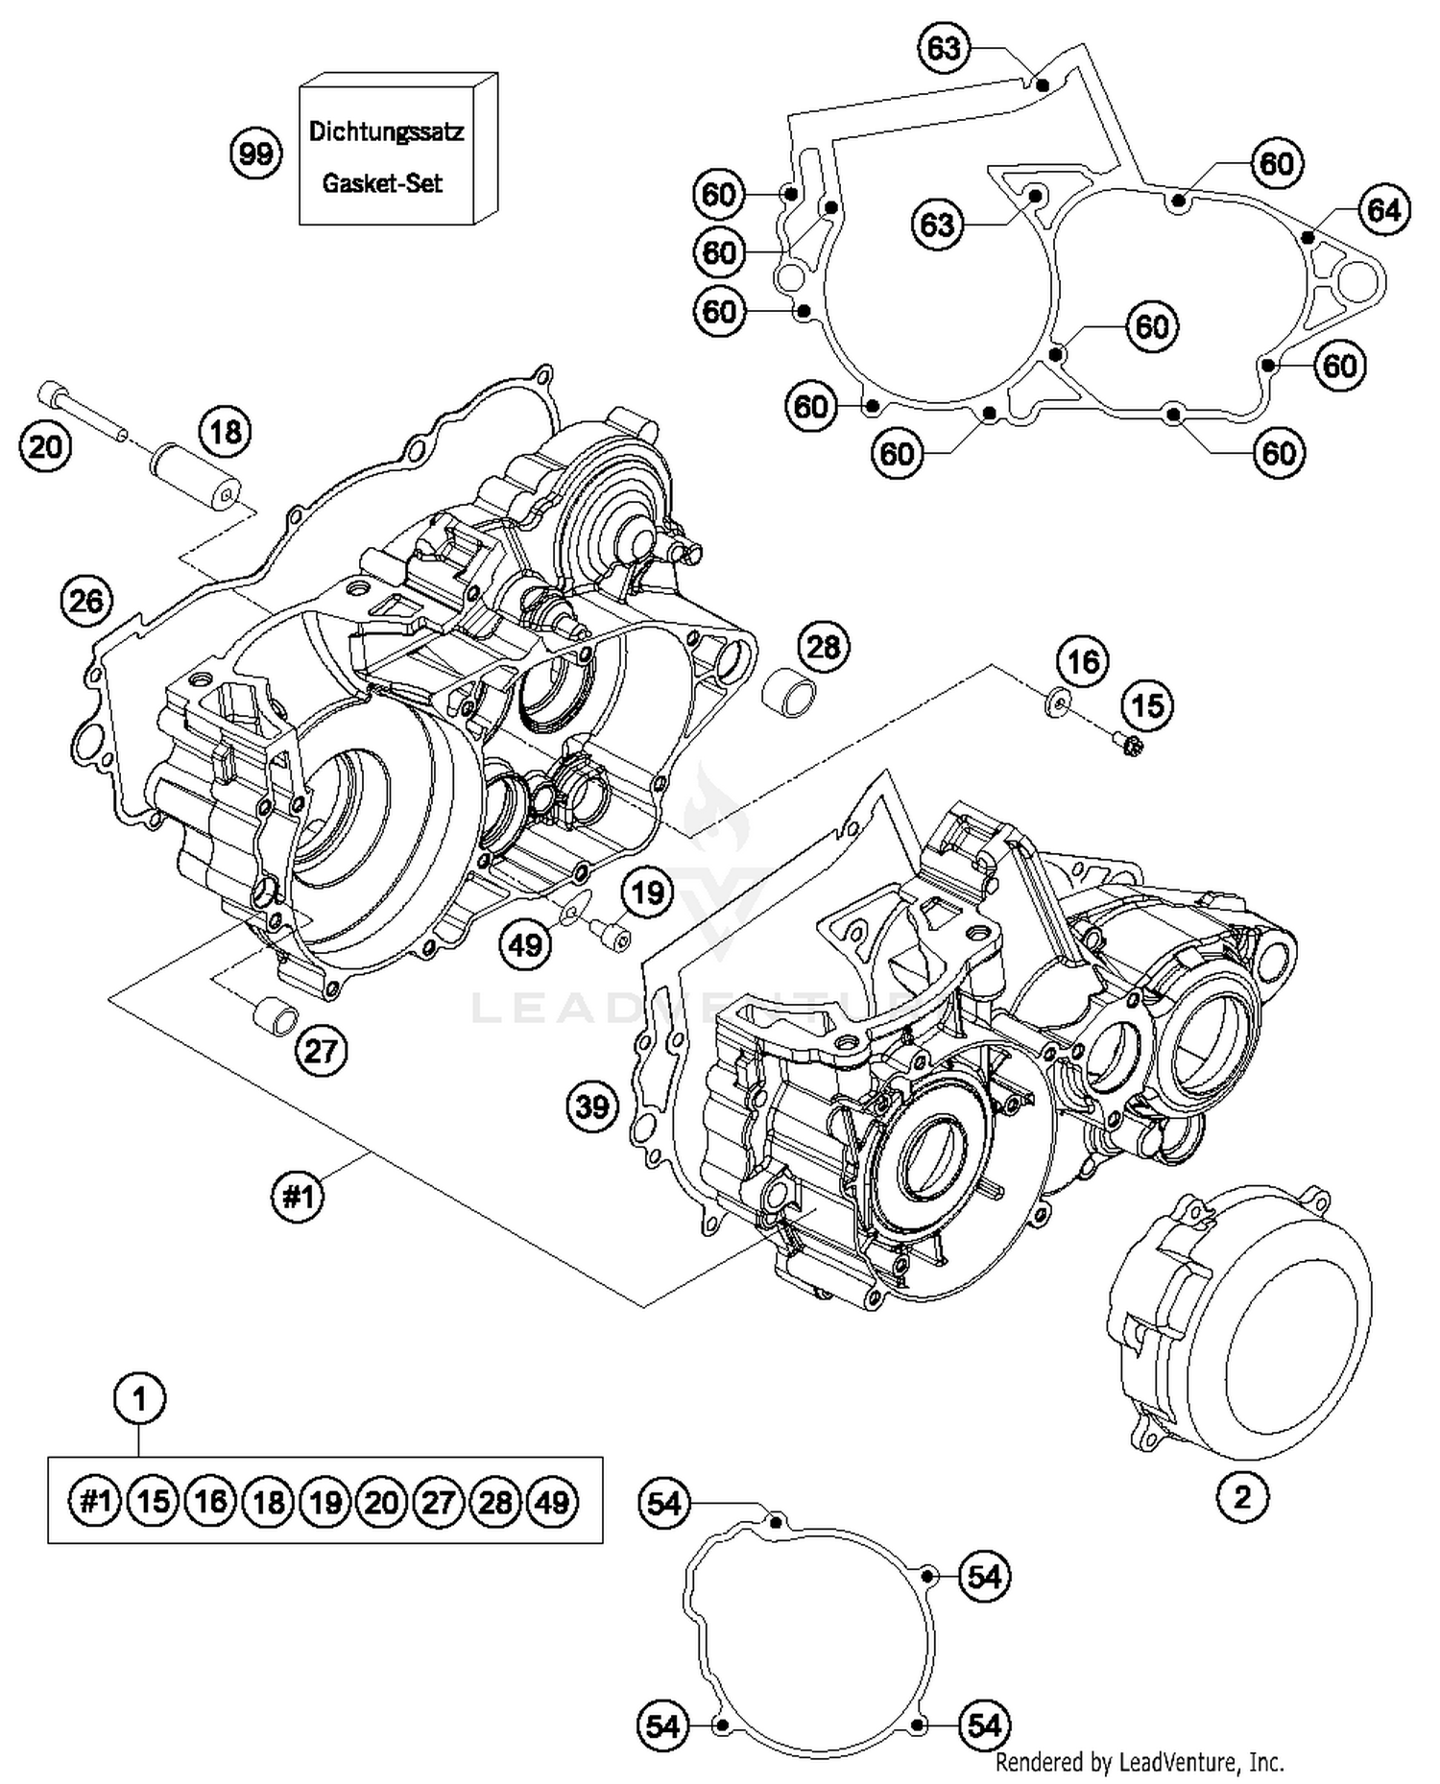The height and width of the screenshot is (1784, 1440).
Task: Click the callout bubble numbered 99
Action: [256, 154]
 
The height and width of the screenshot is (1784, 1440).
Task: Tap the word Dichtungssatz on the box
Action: [386, 131]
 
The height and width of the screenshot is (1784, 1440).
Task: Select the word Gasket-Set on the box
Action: [382, 183]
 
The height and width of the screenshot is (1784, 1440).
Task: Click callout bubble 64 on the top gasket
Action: [1383, 210]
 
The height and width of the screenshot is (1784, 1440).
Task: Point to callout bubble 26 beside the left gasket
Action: [86, 602]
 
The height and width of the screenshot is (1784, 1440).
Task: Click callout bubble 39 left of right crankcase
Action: [592, 1107]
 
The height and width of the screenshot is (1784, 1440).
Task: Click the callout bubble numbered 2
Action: [1242, 1497]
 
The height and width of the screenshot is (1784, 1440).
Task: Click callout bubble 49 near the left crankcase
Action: [525, 946]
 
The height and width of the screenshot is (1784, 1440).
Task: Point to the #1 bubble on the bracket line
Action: [298, 1197]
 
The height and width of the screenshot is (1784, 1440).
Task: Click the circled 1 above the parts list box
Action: [139, 1399]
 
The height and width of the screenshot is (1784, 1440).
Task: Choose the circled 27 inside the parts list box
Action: [439, 1501]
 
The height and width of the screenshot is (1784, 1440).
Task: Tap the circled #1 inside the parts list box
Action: [95, 1501]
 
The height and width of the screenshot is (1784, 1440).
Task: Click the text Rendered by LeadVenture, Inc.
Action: [1140, 1762]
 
